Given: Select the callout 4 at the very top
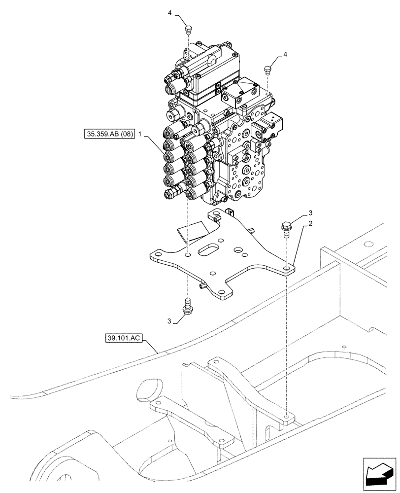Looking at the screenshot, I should click(x=169, y=13).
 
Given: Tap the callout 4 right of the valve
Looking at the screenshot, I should click(x=285, y=54).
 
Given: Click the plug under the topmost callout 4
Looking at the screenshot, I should click(x=187, y=31).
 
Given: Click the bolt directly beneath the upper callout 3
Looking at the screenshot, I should click(x=286, y=228).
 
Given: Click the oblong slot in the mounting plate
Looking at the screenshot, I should click(x=211, y=247).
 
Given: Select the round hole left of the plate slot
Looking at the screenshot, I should click(x=188, y=256).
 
